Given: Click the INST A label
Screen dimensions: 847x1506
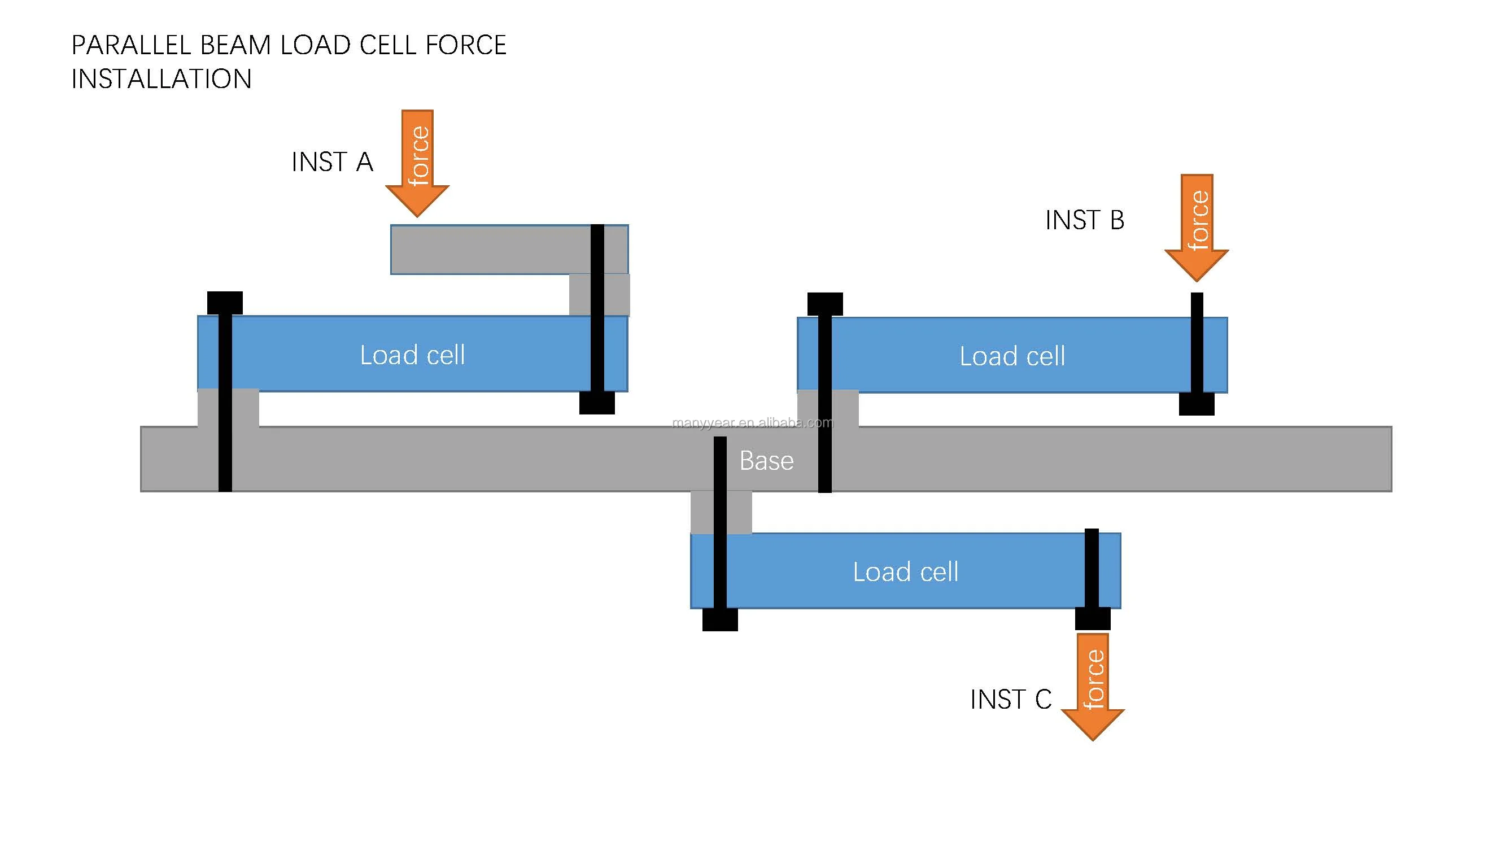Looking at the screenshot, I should click(x=332, y=162).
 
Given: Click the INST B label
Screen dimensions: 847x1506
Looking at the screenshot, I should click(x=1085, y=220).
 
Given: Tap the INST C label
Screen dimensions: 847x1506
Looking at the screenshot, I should click(x=1010, y=699).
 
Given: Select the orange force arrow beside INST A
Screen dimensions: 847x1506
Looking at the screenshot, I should click(x=417, y=164).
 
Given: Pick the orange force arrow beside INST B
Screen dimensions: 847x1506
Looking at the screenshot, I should click(x=1197, y=228).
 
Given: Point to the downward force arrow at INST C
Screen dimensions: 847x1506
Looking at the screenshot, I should click(x=1093, y=687).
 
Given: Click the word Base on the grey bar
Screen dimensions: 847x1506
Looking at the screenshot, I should click(x=766, y=461).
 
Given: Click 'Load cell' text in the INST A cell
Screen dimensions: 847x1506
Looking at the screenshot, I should click(x=412, y=355).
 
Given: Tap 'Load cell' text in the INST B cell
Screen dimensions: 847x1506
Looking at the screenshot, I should click(x=1012, y=356).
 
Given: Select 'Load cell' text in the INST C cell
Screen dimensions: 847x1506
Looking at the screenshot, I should click(x=905, y=571).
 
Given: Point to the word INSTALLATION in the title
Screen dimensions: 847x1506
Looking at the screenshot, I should click(x=161, y=79).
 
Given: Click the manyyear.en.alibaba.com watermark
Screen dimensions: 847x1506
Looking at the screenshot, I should click(x=752, y=422).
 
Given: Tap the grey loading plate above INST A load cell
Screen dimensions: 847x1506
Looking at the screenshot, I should click(x=491, y=250).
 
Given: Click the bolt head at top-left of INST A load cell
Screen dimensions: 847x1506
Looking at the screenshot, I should click(x=225, y=303).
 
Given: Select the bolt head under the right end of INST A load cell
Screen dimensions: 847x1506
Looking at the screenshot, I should click(x=597, y=403).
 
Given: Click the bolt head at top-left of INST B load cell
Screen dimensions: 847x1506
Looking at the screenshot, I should click(x=825, y=304).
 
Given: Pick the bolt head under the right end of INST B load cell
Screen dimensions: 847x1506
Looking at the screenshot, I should click(x=1197, y=404).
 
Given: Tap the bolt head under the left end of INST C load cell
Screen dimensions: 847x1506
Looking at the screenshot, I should click(x=719, y=619).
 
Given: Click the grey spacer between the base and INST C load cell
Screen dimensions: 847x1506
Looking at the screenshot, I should click(x=737, y=513).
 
